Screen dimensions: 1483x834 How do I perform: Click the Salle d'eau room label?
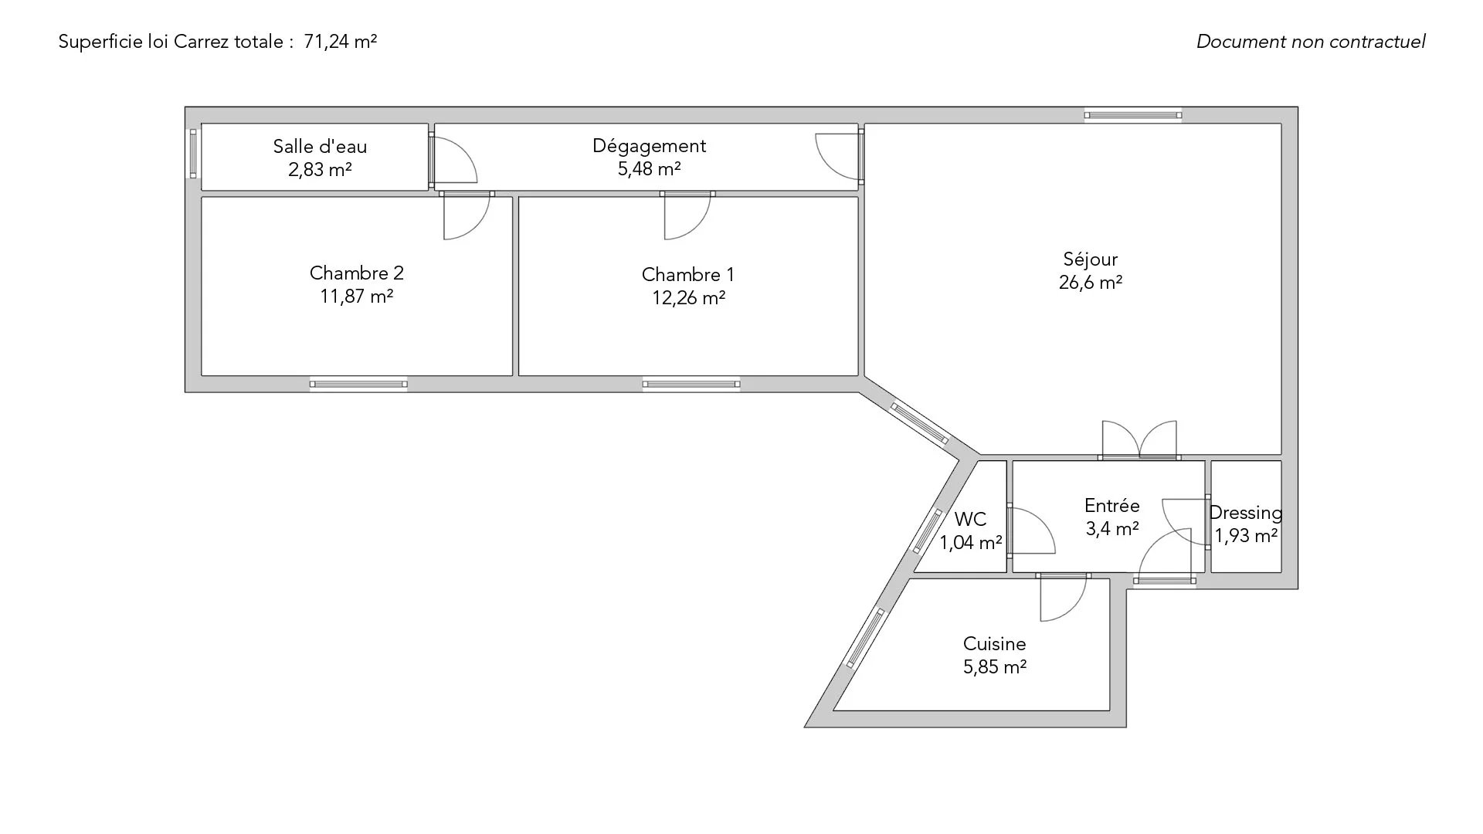click(320, 147)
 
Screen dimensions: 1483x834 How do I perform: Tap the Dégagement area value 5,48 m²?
click(649, 169)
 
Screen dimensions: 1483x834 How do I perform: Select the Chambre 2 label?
click(356, 273)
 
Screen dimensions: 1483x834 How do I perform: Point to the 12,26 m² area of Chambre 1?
click(688, 298)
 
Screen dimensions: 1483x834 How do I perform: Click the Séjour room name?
click(1090, 259)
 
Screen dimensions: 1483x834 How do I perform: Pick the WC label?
click(970, 520)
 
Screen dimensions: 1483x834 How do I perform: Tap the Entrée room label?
click(1111, 506)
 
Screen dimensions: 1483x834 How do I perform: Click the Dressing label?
click(1245, 513)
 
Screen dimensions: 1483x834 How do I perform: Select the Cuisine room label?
click(994, 644)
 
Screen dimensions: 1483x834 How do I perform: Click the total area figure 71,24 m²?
click(340, 42)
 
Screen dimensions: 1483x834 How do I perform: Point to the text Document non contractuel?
click(1311, 42)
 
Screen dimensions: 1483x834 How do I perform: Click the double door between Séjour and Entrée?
click(1139, 441)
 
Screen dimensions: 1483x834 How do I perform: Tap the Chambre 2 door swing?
click(467, 216)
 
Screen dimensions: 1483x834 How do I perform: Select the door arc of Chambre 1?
click(687, 216)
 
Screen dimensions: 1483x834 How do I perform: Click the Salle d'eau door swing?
click(453, 161)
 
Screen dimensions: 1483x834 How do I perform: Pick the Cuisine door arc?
click(1064, 598)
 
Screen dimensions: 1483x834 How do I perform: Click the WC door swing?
click(1032, 531)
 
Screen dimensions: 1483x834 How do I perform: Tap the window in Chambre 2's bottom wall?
click(358, 384)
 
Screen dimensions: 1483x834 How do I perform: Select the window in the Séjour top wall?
click(1133, 115)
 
